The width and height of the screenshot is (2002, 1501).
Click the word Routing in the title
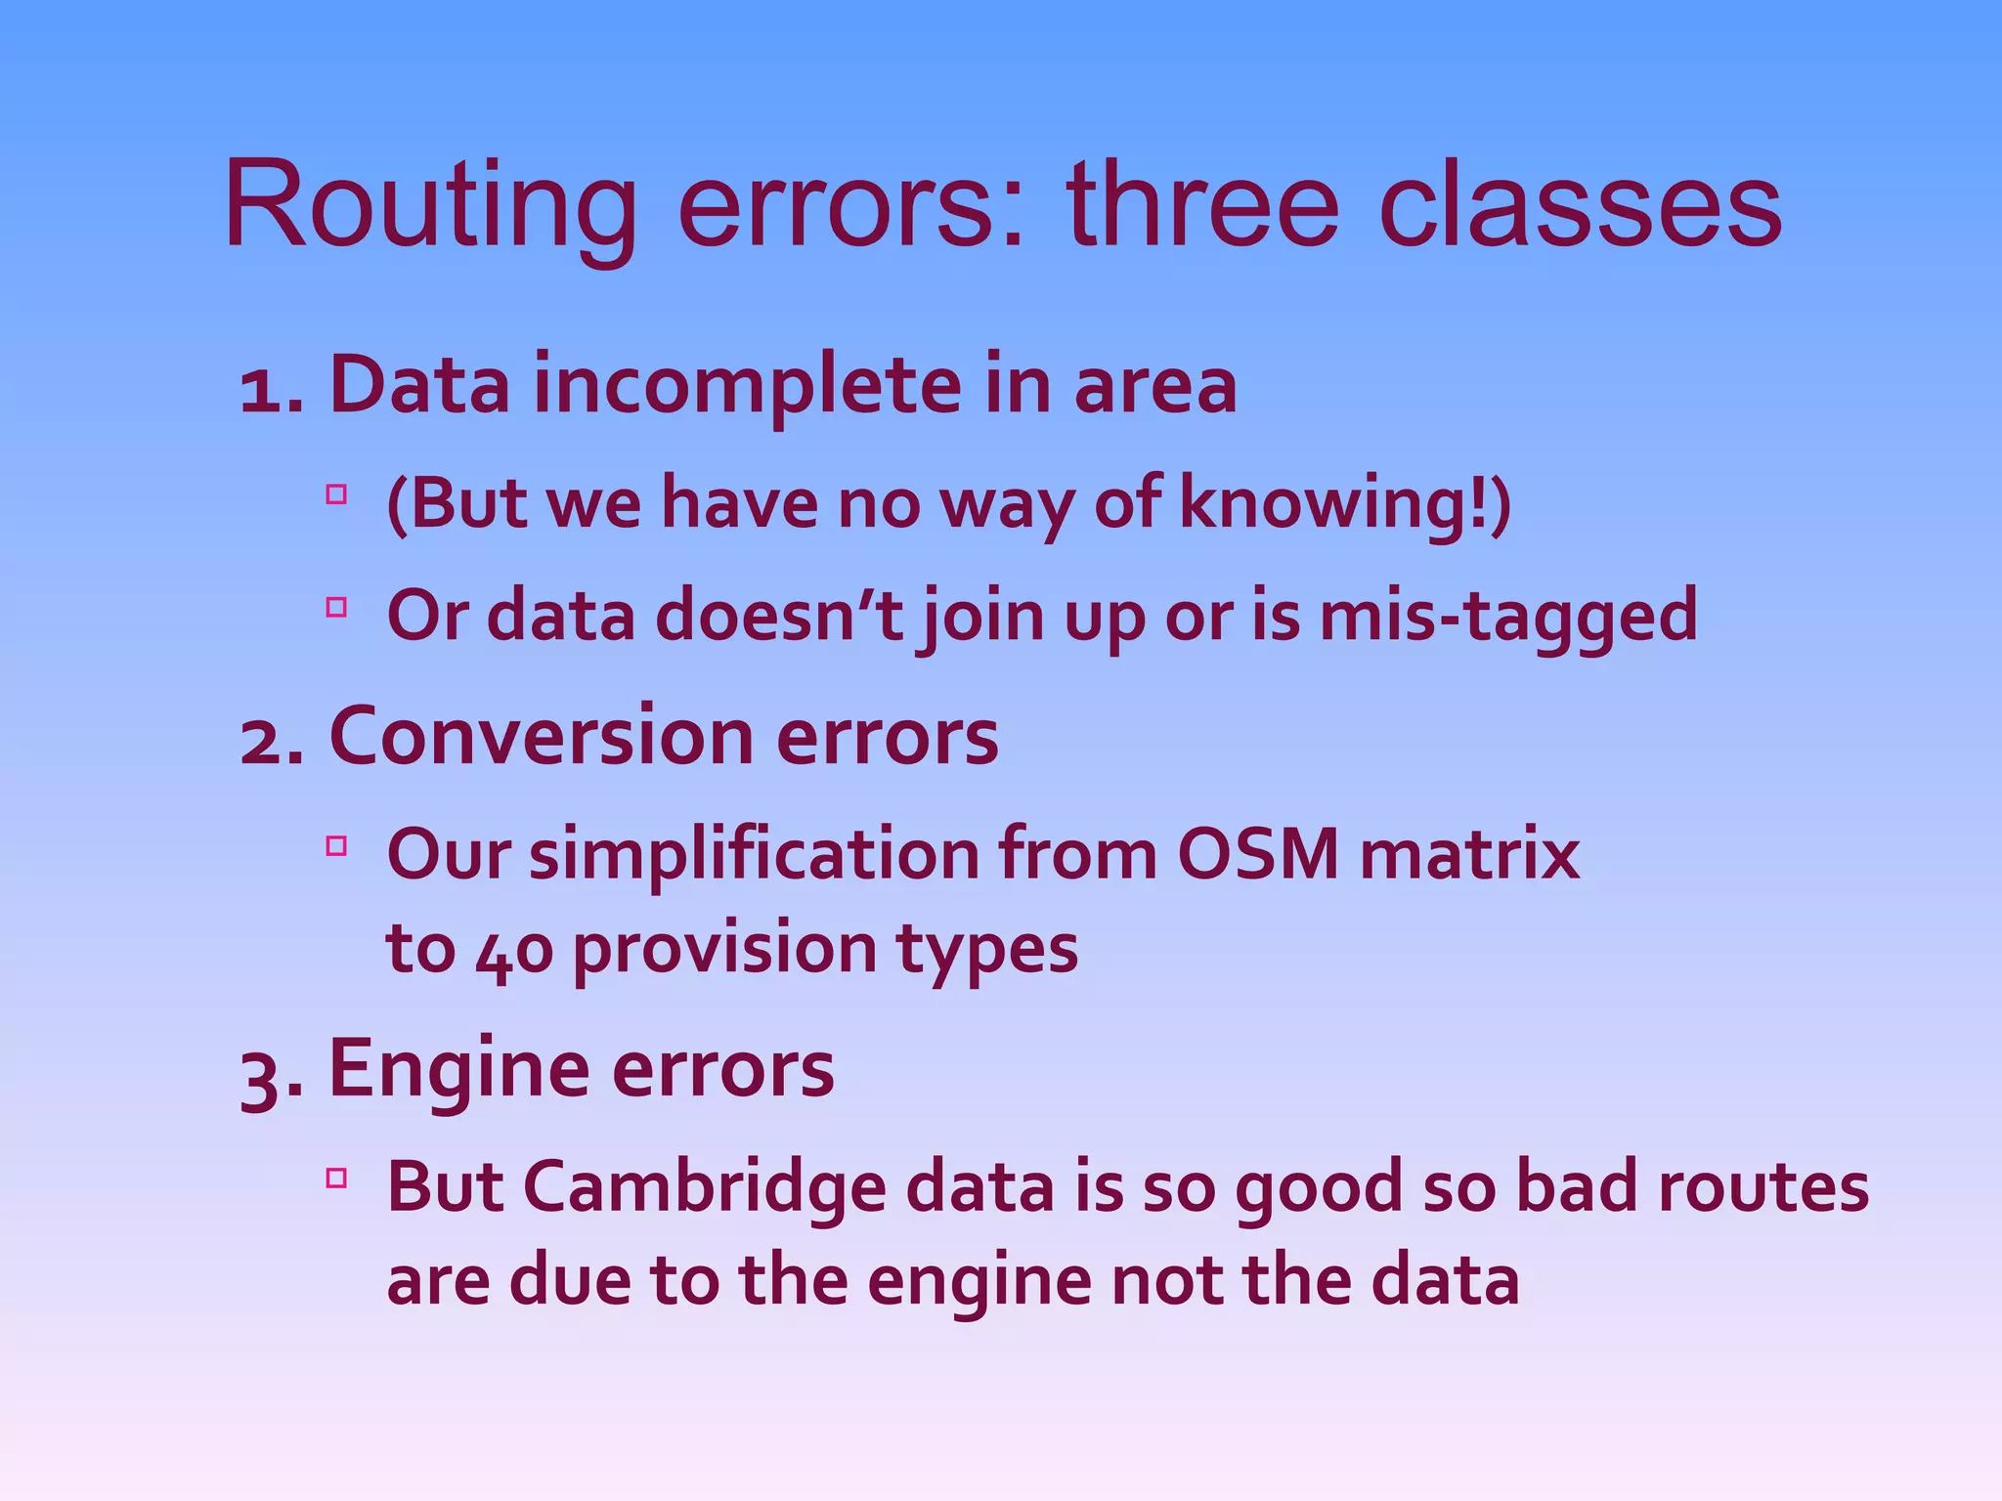click(x=430, y=207)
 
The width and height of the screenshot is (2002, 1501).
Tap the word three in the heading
click(x=1202, y=207)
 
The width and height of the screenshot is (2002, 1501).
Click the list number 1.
click(x=264, y=389)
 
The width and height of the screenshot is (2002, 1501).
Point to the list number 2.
click(x=264, y=740)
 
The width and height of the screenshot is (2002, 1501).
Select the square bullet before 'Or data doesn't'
click(x=337, y=607)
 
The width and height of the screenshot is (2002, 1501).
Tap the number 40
click(x=514, y=950)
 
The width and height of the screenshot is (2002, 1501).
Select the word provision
click(x=724, y=950)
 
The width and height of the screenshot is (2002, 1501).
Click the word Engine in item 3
click(x=459, y=1069)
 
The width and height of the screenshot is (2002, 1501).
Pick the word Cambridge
click(x=705, y=1188)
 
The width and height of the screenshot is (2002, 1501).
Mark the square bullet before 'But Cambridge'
click(x=337, y=1178)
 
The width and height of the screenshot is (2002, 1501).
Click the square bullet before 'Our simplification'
click(x=337, y=845)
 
